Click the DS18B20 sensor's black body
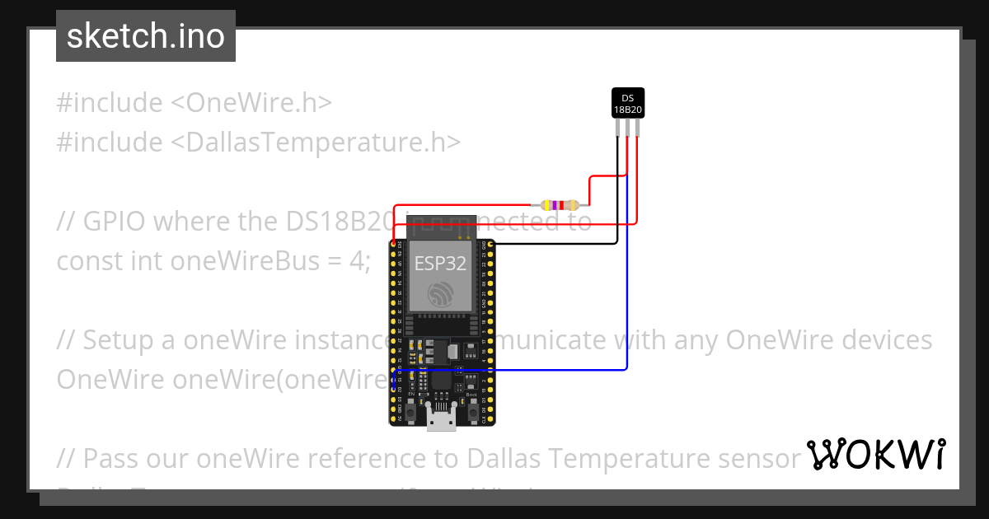click(627, 103)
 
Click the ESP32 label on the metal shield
click(439, 264)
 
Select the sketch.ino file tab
click(146, 36)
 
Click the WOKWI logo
click(875, 455)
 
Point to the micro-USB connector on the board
click(442, 420)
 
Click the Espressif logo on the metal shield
click(439, 295)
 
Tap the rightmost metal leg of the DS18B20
click(636, 128)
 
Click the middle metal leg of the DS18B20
click(627, 128)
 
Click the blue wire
click(628, 288)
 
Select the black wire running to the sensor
click(617, 198)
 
